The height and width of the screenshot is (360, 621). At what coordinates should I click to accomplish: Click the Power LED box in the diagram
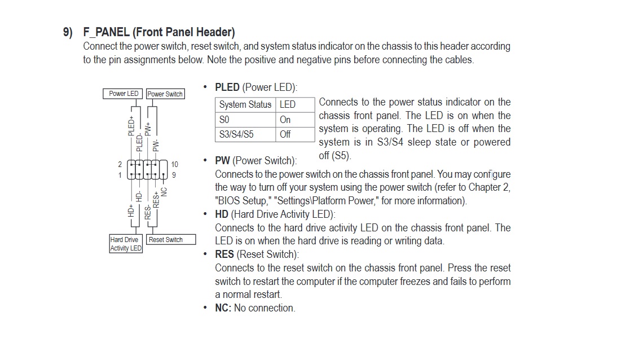124,94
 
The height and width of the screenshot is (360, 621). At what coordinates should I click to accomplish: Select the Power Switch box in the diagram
165,94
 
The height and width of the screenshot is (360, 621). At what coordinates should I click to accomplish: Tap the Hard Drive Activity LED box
126,244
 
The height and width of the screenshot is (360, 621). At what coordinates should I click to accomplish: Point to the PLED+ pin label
131,126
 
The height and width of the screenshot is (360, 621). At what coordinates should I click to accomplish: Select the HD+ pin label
131,211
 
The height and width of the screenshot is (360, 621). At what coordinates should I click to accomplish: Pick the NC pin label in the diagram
164,192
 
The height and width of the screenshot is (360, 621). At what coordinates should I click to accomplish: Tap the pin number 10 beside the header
174,165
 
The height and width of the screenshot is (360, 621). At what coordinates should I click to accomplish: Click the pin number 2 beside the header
120,165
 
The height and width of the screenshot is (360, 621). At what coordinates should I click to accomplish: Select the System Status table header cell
245,104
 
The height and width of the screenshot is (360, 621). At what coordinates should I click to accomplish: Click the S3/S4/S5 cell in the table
236,134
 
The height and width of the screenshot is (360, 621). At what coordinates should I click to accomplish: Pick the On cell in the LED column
285,120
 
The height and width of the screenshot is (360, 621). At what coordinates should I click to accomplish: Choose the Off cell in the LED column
285,134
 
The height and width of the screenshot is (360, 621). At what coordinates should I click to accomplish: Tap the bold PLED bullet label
227,87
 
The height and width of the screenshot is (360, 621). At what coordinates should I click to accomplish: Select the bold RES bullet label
224,254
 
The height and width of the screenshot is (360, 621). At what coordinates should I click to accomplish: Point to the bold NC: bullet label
223,308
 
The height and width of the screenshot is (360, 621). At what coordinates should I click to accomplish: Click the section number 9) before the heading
68,32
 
